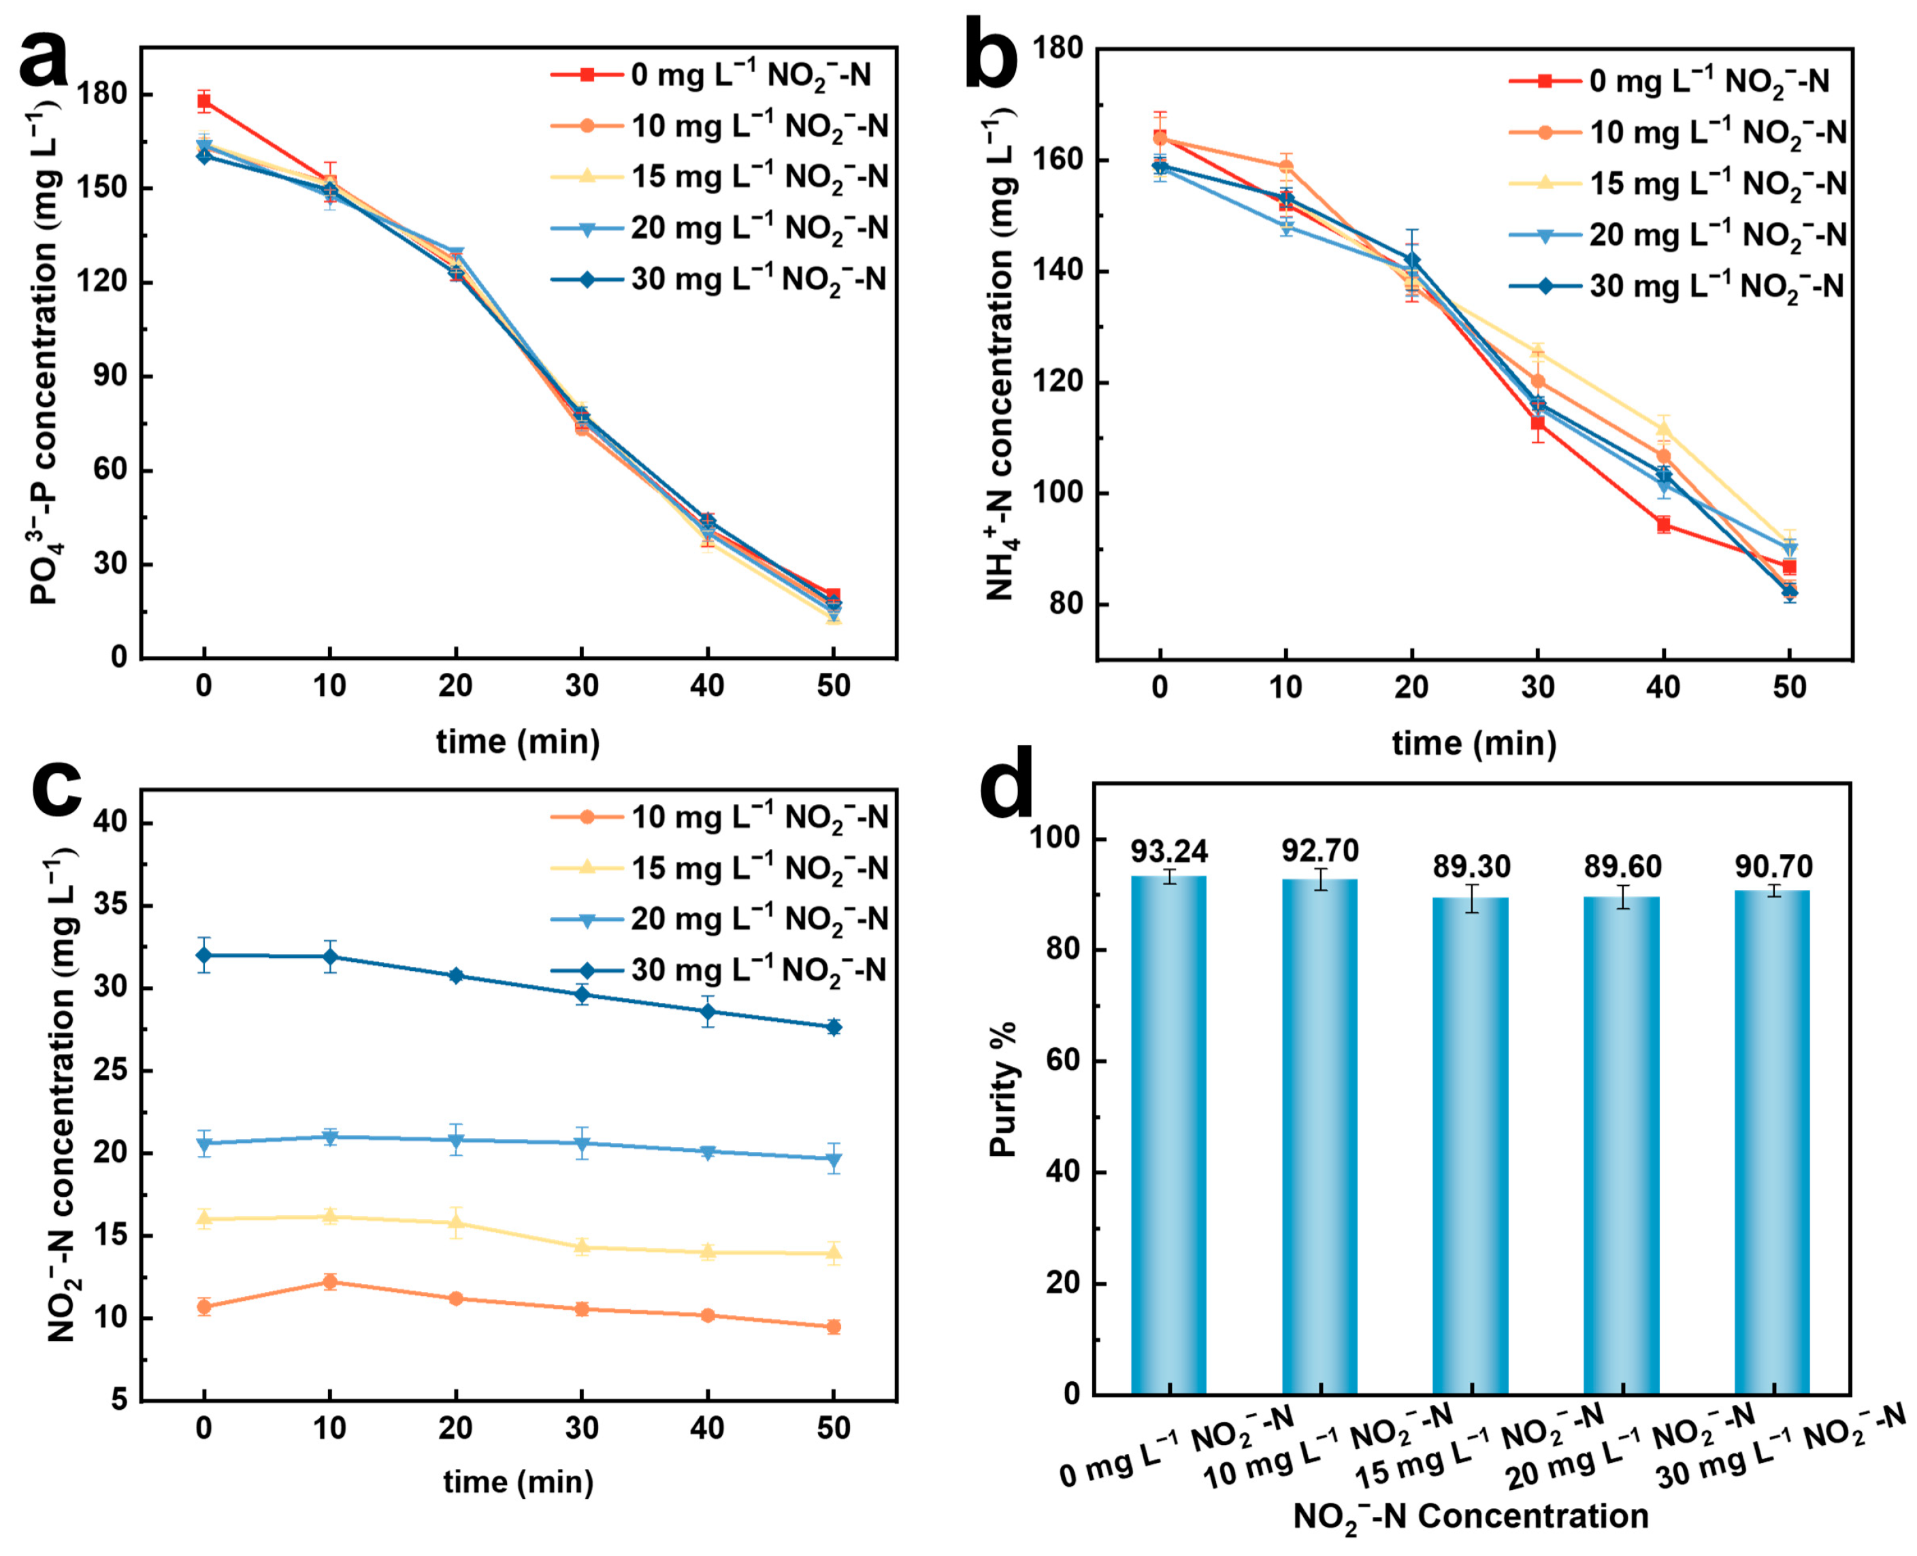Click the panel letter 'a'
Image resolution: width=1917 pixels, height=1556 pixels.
(x=43, y=61)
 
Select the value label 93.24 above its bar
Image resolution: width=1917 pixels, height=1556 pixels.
(x=1168, y=850)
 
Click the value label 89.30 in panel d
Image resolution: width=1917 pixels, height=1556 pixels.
(x=1471, y=866)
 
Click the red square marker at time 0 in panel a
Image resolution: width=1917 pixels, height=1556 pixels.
(x=204, y=101)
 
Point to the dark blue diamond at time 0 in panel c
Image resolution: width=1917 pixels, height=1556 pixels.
(x=204, y=955)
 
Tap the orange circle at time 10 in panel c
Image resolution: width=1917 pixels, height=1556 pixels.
(x=330, y=1282)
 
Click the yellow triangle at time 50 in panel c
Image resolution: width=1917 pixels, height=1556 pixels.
(x=834, y=1253)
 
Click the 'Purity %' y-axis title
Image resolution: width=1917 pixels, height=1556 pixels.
(x=1002, y=1089)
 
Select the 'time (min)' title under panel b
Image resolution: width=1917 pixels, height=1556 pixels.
(x=1474, y=742)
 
